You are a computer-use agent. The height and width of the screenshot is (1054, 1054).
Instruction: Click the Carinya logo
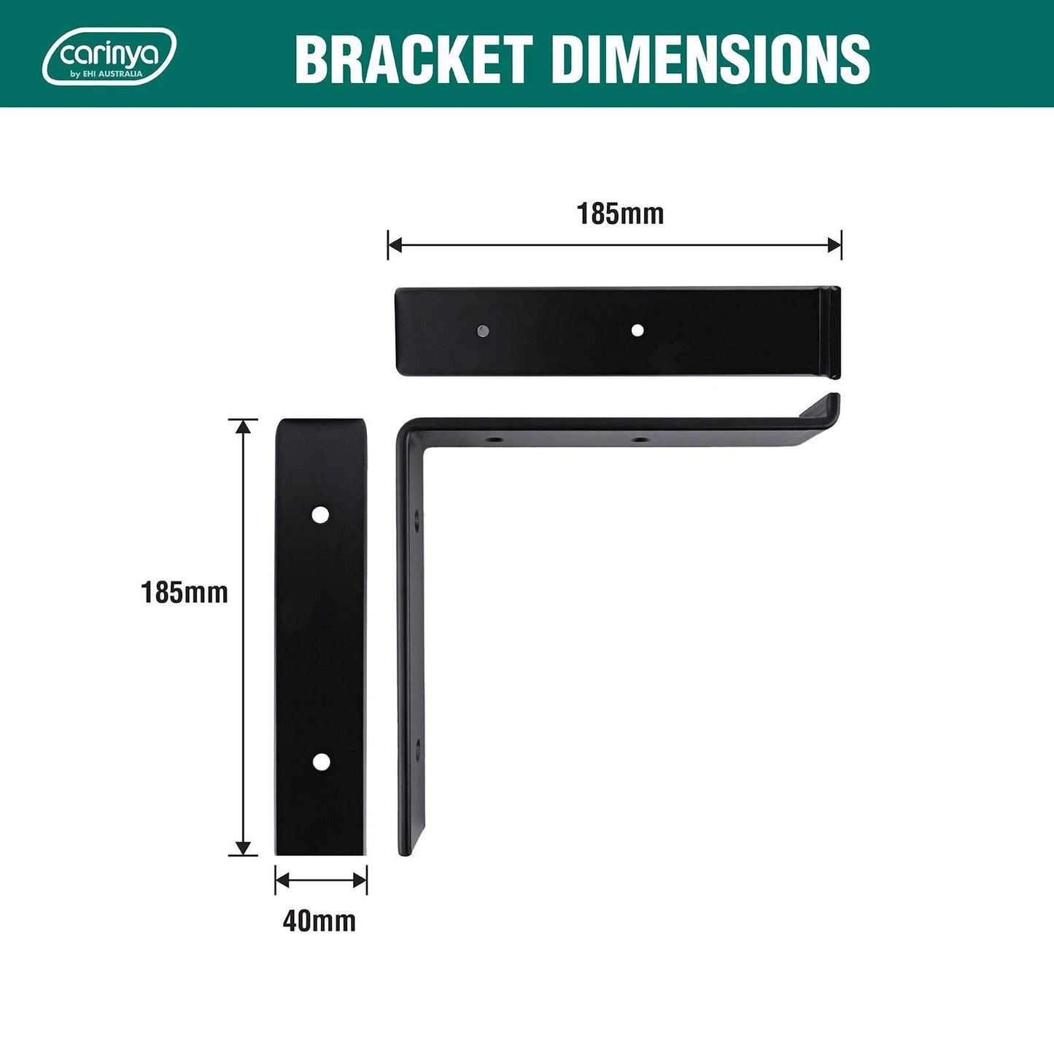coord(109,56)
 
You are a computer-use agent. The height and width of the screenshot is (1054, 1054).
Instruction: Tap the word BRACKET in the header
coord(413,59)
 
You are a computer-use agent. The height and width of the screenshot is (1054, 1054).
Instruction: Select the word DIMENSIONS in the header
coord(710,59)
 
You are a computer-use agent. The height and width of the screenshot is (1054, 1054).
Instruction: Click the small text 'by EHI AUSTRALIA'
coord(106,74)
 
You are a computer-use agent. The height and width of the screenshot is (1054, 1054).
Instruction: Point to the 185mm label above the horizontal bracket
coord(620,214)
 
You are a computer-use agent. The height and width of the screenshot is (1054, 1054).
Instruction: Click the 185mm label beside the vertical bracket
coord(185,592)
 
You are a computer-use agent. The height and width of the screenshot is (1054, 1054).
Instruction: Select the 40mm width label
coord(319,921)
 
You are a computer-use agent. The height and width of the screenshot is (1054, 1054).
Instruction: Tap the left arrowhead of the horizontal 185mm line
coord(395,245)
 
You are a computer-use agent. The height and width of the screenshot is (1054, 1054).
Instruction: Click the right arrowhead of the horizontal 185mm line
coord(834,245)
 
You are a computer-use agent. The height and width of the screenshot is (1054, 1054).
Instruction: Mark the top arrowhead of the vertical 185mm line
coord(243,426)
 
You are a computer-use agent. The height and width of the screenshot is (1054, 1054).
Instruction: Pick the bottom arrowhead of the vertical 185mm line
coord(243,848)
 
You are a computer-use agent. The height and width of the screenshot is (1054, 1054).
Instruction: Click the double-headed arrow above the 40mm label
coord(321,880)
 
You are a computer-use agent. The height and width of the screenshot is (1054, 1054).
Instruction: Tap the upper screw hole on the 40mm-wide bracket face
coord(319,515)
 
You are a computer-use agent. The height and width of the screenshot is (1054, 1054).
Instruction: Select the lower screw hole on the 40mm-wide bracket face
coord(321,762)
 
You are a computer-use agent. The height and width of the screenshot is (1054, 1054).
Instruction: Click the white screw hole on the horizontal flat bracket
coord(637,330)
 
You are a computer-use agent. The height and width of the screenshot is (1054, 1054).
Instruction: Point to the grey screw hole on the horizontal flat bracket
coord(481,331)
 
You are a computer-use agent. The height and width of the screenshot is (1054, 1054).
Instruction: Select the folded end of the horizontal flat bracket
coord(831,332)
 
